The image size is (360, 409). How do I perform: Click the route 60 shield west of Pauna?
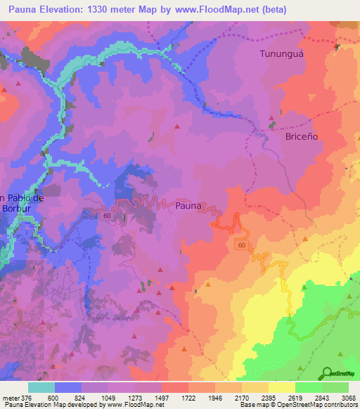pyautogui.click(x=106, y=216)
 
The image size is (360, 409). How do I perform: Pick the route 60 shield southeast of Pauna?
pyautogui.click(x=241, y=245)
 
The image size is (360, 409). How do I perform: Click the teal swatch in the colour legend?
pyautogui.click(x=41, y=387)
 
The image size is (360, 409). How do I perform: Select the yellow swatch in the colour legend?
pyautogui.click(x=282, y=387)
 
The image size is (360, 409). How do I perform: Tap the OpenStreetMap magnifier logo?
pyautogui.click(x=328, y=372)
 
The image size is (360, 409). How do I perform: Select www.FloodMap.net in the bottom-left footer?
pyautogui.click(x=124, y=405)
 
